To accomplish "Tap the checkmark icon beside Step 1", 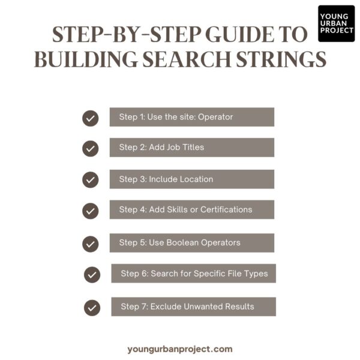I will [x=90, y=118].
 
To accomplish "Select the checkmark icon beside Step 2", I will [x=90, y=148].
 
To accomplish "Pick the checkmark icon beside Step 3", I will [x=90, y=179].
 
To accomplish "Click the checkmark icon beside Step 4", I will [x=90, y=211].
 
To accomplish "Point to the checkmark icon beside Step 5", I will [x=90, y=244].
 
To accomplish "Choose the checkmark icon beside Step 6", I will [x=92, y=275].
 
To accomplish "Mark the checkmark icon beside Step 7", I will [x=92, y=308].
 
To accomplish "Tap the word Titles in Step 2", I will [x=191, y=148].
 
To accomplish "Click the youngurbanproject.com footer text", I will [x=180, y=349].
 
